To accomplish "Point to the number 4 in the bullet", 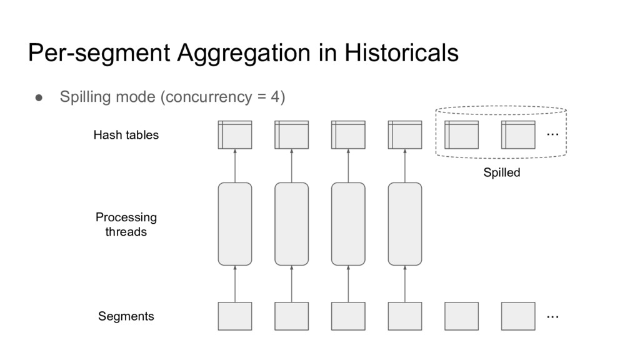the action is pyautogui.click(x=274, y=97).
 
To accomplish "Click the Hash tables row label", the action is pyautogui.click(x=126, y=135).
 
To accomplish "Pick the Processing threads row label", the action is pyautogui.click(x=126, y=224).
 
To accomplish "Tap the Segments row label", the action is pyautogui.click(x=126, y=316).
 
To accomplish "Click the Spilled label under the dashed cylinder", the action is pyautogui.click(x=501, y=173).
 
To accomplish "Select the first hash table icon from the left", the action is pyautogui.click(x=235, y=134).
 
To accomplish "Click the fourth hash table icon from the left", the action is pyautogui.click(x=405, y=134).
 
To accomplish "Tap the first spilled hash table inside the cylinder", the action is pyautogui.click(x=461, y=134).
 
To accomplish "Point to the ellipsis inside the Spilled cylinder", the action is pyautogui.click(x=552, y=134).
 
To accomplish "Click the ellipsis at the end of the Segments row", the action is pyautogui.click(x=552, y=317).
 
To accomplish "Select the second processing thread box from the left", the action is pyautogui.click(x=292, y=224).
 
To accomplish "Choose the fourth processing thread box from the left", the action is pyautogui.click(x=405, y=224).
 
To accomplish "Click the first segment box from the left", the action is pyautogui.click(x=235, y=316).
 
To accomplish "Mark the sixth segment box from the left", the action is pyautogui.click(x=518, y=316).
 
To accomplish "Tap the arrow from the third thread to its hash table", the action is pyautogui.click(x=348, y=166).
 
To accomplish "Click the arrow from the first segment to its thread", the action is pyautogui.click(x=235, y=284).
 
